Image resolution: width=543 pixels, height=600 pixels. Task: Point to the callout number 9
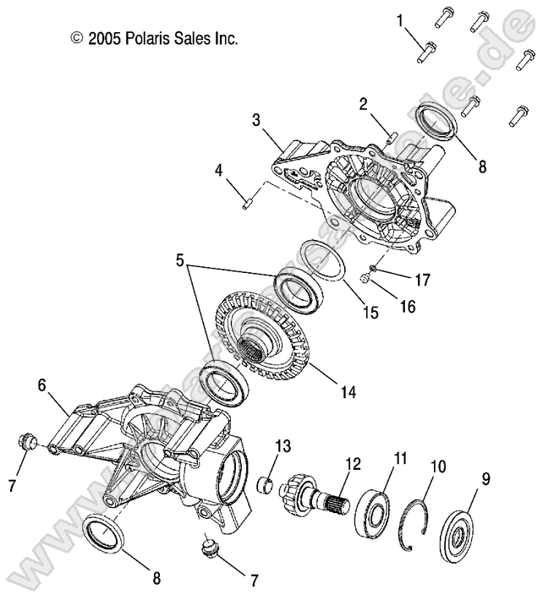coord(485,479)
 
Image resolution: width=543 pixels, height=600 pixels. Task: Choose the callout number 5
coord(180,260)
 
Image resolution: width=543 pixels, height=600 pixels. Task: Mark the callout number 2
coord(363,104)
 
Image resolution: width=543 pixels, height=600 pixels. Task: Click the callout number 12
coord(352,462)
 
